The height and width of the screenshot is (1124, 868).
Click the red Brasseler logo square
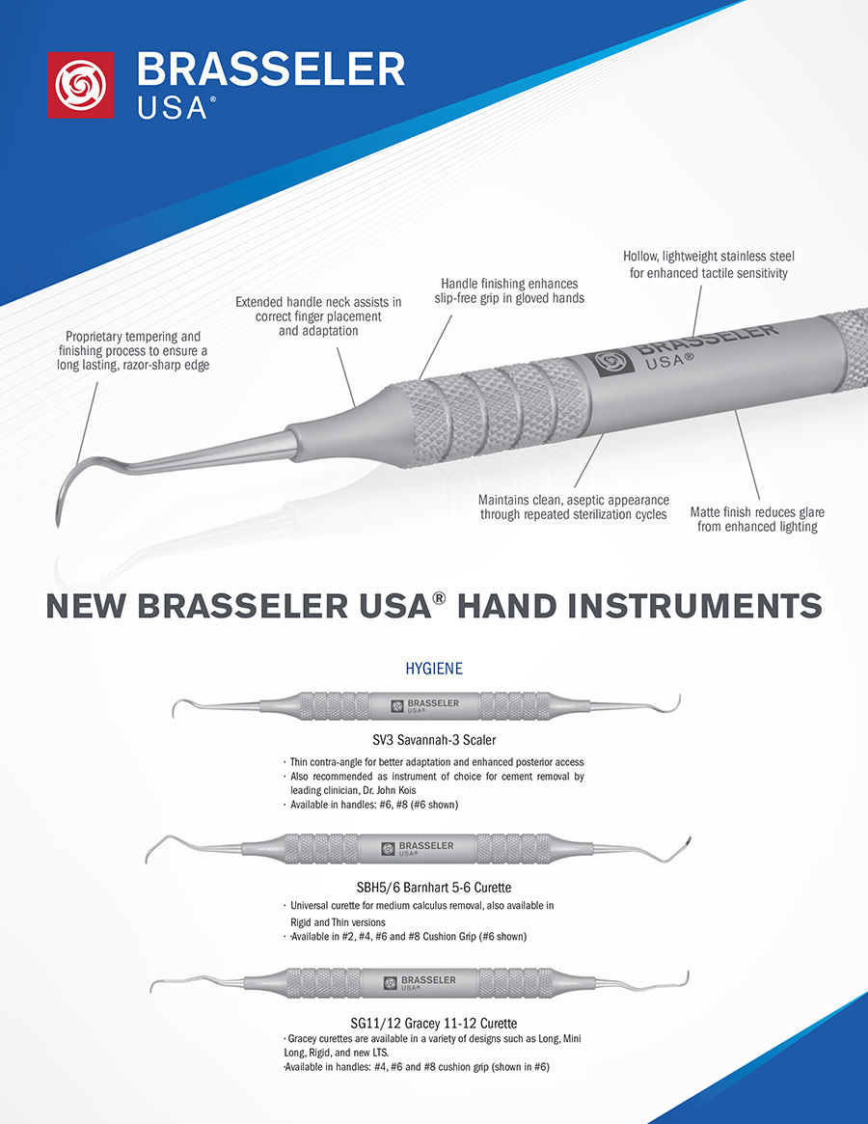[80, 85]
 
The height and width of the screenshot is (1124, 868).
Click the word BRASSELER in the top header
[271, 70]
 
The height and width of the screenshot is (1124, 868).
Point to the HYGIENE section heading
[434, 669]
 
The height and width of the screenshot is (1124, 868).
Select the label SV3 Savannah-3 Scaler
[434, 740]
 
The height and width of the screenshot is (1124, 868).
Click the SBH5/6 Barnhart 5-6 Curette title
[434, 888]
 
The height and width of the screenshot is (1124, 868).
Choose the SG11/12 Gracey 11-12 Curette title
[434, 1023]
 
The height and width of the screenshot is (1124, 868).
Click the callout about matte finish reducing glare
[757, 520]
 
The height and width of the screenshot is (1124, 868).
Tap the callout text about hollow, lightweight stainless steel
[708, 264]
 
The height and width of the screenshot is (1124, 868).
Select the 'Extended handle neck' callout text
[318, 316]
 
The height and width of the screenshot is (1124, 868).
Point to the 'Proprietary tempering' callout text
[133, 350]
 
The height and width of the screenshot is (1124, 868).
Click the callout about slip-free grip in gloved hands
[509, 291]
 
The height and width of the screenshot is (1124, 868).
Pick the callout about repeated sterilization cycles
[574, 507]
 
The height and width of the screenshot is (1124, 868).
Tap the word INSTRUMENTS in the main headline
[694, 607]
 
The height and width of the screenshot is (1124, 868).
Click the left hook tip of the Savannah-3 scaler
[175, 710]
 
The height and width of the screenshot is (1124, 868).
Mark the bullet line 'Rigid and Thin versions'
[338, 922]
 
